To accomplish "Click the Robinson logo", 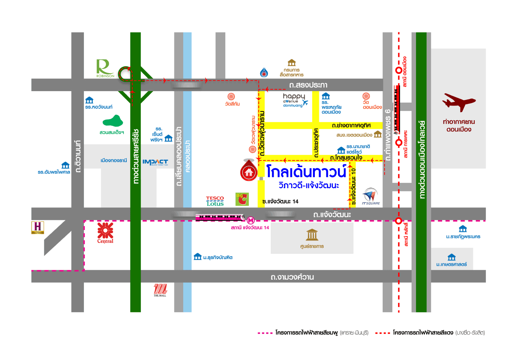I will (x=105, y=68).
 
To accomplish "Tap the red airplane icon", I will (x=459, y=102).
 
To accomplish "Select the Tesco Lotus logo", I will (x=215, y=201).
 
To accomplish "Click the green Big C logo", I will (x=242, y=199).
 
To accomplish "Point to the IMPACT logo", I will (x=155, y=162).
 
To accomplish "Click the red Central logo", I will (x=105, y=232).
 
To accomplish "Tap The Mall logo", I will (x=160, y=290).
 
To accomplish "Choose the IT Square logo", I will (x=371, y=196).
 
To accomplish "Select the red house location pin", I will (x=249, y=171).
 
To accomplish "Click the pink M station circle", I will (x=250, y=221).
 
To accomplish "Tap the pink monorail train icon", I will (x=220, y=217).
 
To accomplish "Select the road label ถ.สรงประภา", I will (x=308, y=85).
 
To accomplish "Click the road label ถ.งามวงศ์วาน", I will (x=292, y=277).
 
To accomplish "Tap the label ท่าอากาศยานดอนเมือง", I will (x=459, y=125).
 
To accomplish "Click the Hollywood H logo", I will (x=38, y=227).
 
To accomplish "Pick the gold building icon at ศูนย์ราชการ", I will (x=312, y=235).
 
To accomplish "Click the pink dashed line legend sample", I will (x=265, y=333).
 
